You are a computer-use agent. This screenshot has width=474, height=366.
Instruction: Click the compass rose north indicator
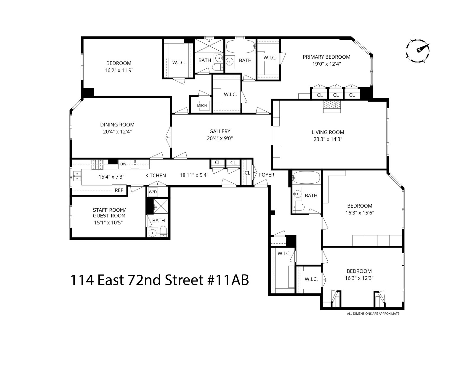pyautogui.click(x=417, y=51)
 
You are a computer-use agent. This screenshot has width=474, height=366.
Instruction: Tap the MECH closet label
pyautogui.click(x=202, y=105)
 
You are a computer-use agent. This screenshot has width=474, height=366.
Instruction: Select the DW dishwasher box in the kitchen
pyautogui.click(x=123, y=164)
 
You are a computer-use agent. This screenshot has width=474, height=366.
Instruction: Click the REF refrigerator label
pyautogui.click(x=119, y=190)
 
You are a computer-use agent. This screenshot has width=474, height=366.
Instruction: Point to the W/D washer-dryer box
pyautogui.click(x=153, y=192)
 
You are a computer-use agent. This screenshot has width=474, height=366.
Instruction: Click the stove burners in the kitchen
pyautogui.click(x=97, y=165)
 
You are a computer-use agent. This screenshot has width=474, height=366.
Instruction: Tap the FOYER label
pyautogui.click(x=267, y=175)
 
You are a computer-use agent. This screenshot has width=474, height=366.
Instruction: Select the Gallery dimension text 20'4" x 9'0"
pyautogui.click(x=220, y=138)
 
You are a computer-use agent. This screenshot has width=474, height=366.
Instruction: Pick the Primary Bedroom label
pyautogui.click(x=326, y=57)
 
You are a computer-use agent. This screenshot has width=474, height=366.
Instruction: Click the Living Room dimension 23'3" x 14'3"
pyautogui.click(x=328, y=139)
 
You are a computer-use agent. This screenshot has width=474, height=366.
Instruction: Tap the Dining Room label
pyautogui.click(x=117, y=125)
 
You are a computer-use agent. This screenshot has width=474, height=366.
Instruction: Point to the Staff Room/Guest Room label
pyautogui.click(x=109, y=213)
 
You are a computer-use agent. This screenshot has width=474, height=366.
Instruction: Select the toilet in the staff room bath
pyautogui.click(x=163, y=231)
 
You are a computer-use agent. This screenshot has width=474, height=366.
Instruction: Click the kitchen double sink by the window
pyautogui.click(x=77, y=176)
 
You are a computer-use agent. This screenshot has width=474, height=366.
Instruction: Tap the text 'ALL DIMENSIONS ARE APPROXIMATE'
pyautogui.click(x=373, y=314)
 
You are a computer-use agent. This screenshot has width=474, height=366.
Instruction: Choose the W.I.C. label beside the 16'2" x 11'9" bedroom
pyautogui.click(x=179, y=62)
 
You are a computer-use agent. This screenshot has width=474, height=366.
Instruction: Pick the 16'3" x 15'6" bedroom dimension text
pyautogui.click(x=360, y=213)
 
